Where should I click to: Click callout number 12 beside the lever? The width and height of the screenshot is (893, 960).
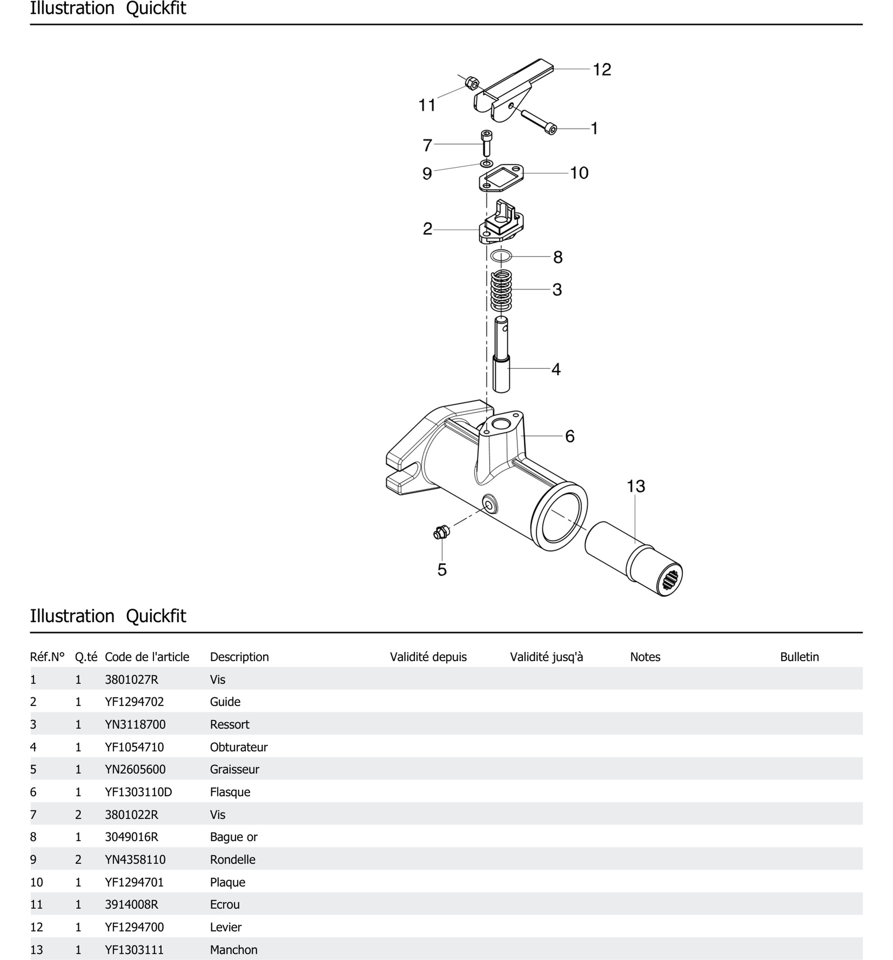coord(602,69)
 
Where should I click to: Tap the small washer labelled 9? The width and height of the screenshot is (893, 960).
coord(486,163)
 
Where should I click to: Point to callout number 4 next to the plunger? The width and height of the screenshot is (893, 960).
coord(556,369)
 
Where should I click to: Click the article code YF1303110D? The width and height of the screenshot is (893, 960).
coord(138,792)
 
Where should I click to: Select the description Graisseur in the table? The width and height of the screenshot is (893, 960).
coord(234,769)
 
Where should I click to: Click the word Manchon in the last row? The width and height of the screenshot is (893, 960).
coord(233,949)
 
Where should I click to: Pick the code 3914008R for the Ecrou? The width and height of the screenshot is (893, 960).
coord(131,905)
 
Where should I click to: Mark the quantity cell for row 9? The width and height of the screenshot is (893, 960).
coord(78,859)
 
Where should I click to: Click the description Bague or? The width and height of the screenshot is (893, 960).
coord(233,837)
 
